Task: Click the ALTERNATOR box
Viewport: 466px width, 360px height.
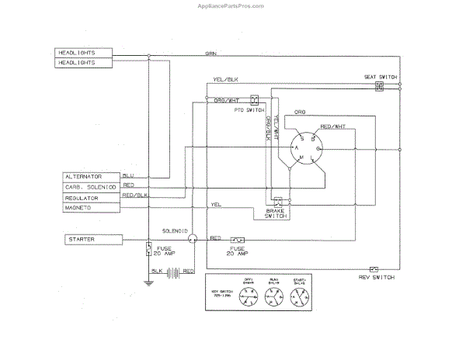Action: click(92, 177)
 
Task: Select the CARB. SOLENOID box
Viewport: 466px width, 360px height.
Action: click(92, 187)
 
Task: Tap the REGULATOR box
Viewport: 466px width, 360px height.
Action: click(92, 198)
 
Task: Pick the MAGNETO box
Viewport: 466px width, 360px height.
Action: click(92, 208)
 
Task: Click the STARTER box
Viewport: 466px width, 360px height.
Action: click(92, 240)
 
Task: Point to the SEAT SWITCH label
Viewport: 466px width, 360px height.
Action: click(381, 78)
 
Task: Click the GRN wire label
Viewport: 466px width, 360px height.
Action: click(210, 53)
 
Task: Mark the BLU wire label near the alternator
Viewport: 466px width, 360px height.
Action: click(129, 175)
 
